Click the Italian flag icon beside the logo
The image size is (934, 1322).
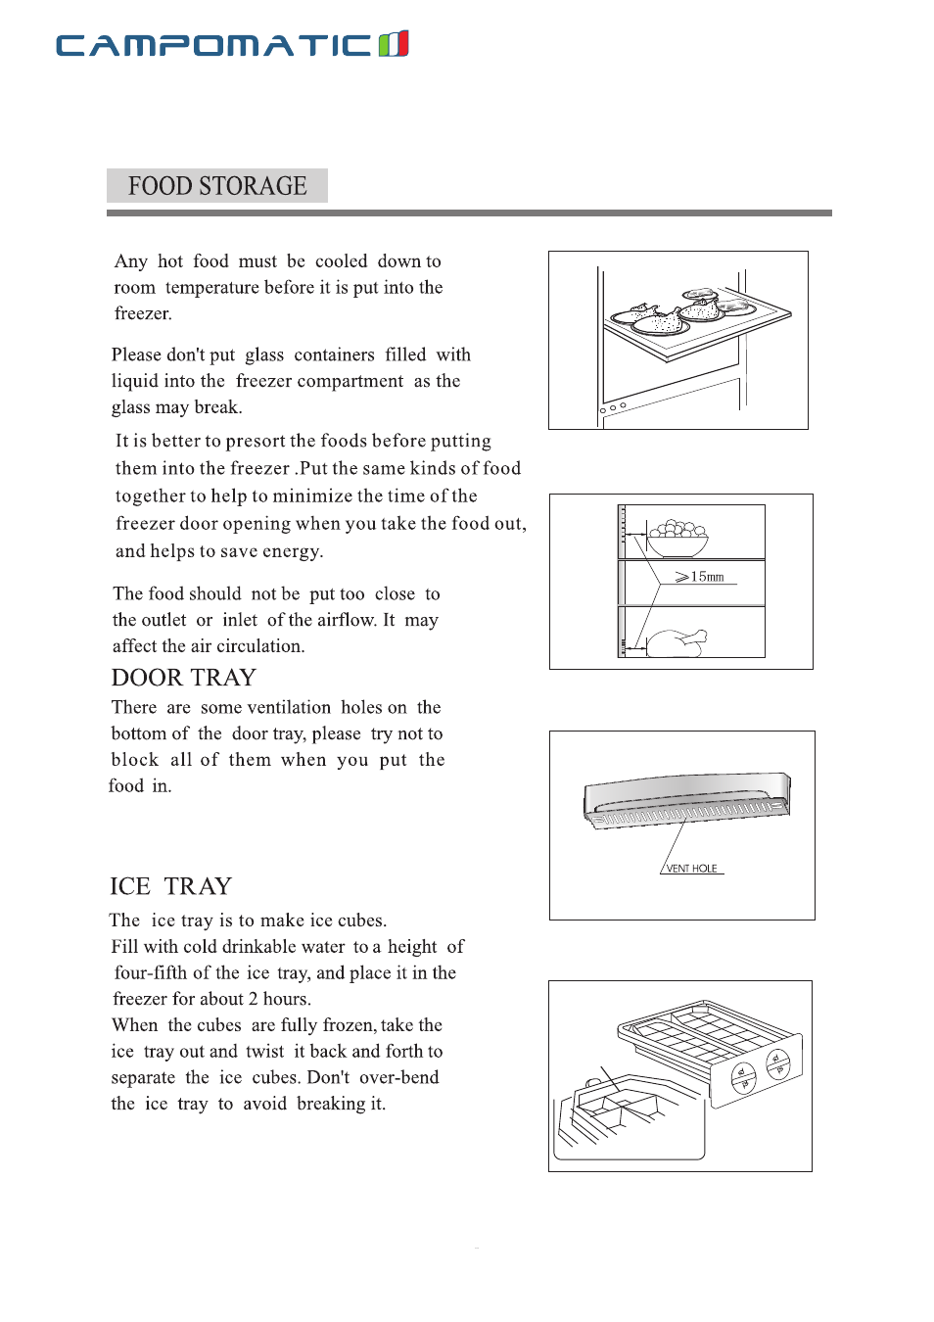tap(394, 44)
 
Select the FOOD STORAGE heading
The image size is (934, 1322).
tap(217, 186)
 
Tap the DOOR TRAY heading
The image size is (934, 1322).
tap(184, 678)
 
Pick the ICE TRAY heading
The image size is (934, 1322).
tap(171, 886)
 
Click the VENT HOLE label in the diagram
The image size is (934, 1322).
tap(691, 869)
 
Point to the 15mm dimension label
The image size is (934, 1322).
tap(706, 577)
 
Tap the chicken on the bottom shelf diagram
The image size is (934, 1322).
tap(676, 641)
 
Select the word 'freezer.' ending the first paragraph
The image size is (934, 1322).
tap(143, 314)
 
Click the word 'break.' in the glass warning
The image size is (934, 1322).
tap(218, 407)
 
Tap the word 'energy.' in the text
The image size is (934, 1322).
tap(293, 551)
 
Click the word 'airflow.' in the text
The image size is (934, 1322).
tap(348, 620)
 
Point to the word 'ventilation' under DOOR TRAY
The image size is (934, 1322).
tap(289, 707)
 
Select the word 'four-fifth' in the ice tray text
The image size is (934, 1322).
tap(151, 973)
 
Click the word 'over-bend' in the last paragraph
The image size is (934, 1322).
tap(399, 1077)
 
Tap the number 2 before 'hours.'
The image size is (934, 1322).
tap(253, 999)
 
